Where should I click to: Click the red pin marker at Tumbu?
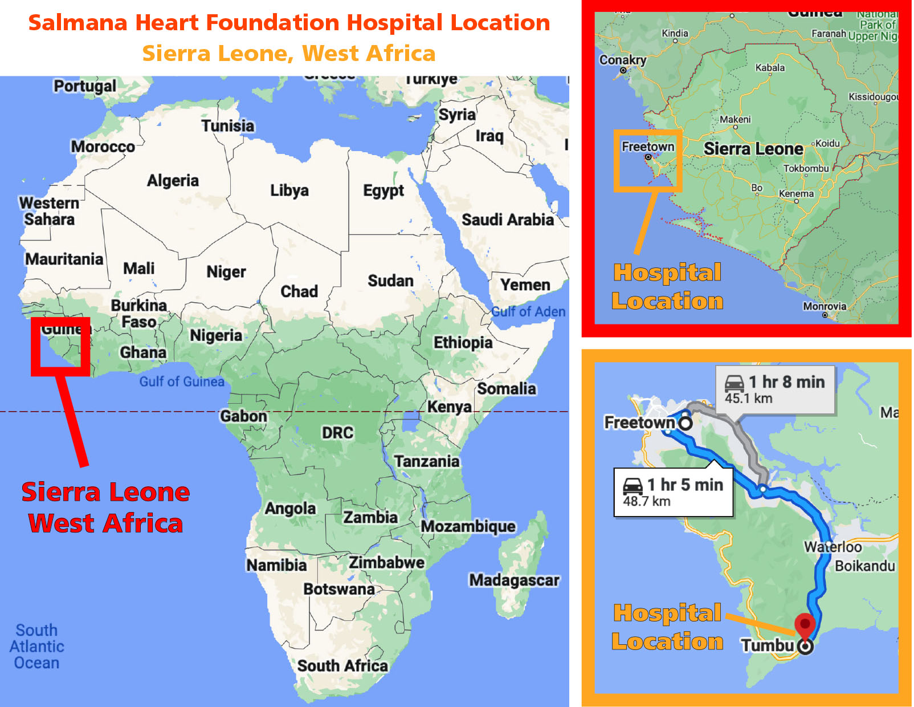coord(804,624)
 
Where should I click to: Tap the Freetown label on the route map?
coord(639,422)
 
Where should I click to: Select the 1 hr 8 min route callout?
coord(775,389)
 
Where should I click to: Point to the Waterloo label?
coord(833,547)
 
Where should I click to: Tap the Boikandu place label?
coord(864,566)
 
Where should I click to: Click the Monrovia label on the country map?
coord(824,306)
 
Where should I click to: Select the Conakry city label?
coord(622,60)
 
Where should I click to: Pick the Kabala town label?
coord(770,67)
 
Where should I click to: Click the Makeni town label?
coord(735,119)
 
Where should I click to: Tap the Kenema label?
coord(796,193)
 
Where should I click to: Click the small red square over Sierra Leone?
coord(60,347)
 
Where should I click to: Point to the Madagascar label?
coord(514,580)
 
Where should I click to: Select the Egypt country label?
coord(383,191)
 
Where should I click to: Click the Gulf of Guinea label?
coord(182,381)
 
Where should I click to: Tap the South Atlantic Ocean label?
coord(36,647)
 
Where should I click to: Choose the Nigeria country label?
coord(216,335)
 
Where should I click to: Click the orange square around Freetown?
coord(648,160)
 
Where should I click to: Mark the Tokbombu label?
coord(806,168)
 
